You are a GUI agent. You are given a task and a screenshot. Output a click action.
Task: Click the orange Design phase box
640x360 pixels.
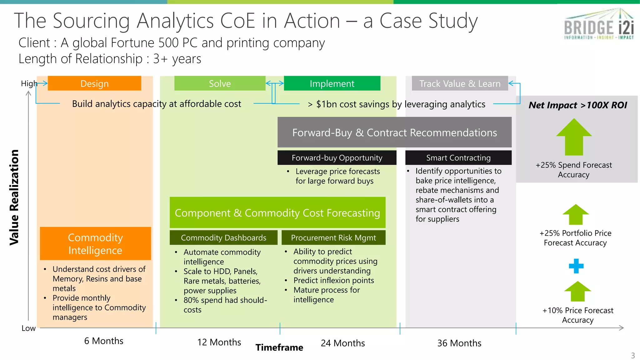coord(94,83)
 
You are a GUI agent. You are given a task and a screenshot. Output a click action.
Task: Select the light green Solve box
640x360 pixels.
coord(220,83)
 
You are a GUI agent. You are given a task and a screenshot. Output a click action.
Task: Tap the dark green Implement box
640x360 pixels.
coord(332,83)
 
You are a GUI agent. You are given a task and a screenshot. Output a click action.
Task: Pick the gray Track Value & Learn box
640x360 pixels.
coord(460,83)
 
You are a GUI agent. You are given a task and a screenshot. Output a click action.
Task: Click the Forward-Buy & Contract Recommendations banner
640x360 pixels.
coord(394,132)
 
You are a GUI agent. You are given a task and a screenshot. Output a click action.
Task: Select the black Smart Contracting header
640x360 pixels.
coord(458,158)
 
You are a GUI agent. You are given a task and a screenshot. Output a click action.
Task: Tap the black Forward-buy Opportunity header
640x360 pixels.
coord(337,158)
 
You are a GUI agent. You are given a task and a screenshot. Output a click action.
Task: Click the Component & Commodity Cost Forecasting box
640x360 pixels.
coord(277,213)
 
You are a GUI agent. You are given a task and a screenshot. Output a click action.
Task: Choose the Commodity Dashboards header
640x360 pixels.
coord(223,238)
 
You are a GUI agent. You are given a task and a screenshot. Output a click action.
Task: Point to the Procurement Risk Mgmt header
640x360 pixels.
coord(333,238)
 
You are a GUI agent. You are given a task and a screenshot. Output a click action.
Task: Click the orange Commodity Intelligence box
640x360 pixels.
coord(95,244)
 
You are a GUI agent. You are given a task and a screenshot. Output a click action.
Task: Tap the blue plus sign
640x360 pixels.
coord(576,266)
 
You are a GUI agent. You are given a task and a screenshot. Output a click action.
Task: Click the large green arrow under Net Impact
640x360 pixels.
coord(574,137)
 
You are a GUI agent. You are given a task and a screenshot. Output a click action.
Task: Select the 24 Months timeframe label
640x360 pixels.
coord(343,343)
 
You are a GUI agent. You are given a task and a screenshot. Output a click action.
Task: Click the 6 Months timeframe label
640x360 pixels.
coord(104,341)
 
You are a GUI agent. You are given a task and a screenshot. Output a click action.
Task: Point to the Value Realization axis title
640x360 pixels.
coord(14,197)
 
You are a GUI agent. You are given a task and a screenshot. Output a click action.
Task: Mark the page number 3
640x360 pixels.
coord(633,356)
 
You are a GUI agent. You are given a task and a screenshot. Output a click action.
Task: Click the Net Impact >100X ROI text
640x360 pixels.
coord(577,105)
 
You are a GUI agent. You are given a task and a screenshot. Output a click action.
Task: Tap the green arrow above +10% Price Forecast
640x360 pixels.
coord(577,291)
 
